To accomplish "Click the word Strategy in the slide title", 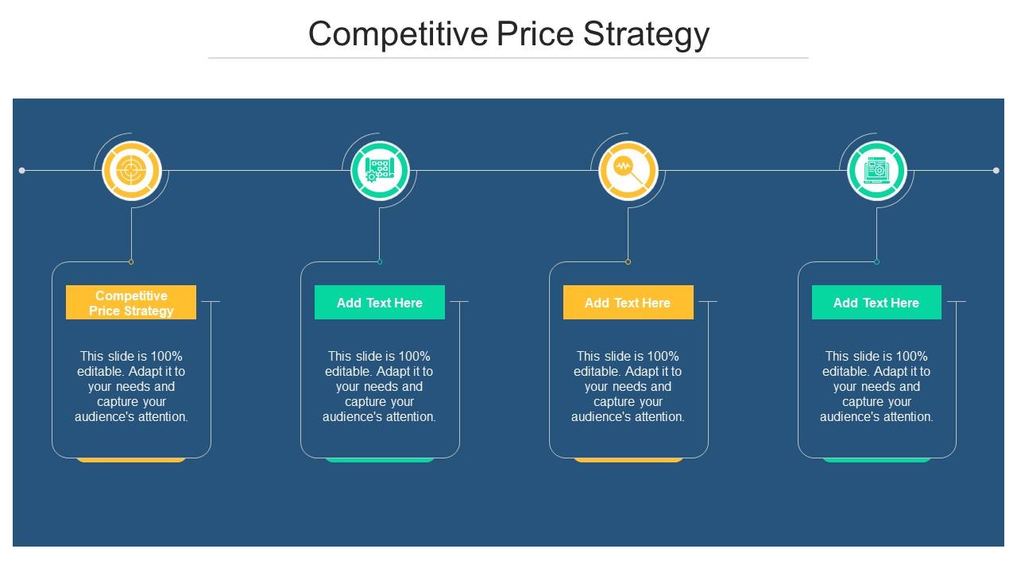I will pos(646,35).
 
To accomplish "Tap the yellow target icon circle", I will pos(131,170).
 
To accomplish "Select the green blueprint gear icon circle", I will pos(380,170).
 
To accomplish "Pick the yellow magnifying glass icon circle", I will pos(628,170).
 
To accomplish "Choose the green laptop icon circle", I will pos(876,170).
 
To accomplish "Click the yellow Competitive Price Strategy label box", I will pos(131,303).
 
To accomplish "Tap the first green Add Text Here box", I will pos(380,303).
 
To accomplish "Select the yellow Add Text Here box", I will pos(628,303).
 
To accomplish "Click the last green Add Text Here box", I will pos(876,303).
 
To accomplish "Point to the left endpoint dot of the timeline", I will pos(21,170).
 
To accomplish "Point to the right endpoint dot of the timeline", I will pos(996,170).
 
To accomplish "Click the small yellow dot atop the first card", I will pos(131,261).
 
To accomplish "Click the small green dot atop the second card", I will pos(380,261).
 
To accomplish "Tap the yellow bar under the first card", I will pos(131,459).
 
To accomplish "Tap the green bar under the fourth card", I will pos(876,459).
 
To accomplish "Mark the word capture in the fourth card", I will pos(852,401).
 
